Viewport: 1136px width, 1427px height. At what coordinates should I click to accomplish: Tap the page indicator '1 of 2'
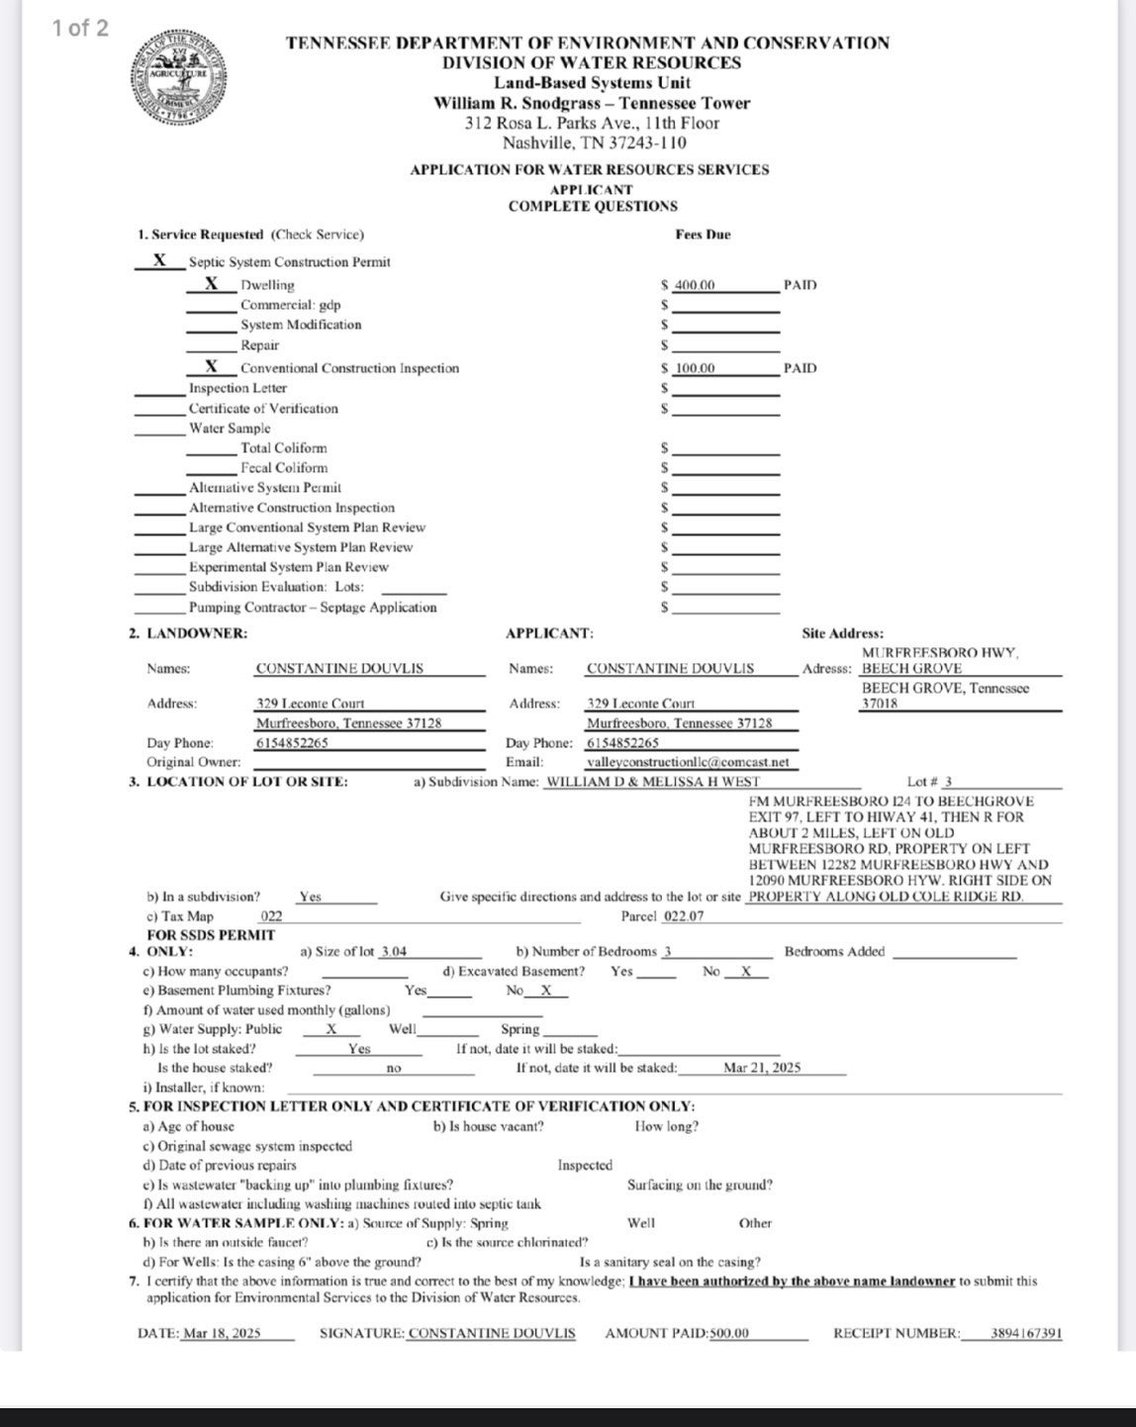(x=81, y=28)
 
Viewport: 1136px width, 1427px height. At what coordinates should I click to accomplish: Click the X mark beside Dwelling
(x=212, y=284)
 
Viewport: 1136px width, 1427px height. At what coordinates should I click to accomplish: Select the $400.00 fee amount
(x=694, y=285)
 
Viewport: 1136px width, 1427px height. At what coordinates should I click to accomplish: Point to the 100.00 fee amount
(x=695, y=368)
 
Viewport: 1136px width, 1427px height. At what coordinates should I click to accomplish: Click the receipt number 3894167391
(x=1026, y=1333)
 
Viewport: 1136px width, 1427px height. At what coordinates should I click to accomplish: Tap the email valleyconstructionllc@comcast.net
(x=688, y=762)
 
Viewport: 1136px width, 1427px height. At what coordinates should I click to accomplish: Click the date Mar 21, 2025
(x=762, y=1068)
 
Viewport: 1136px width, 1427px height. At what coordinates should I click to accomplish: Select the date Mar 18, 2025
(x=222, y=1333)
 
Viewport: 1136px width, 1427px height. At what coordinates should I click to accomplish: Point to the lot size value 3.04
(x=394, y=951)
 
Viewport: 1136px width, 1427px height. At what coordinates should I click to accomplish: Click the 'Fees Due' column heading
(x=703, y=235)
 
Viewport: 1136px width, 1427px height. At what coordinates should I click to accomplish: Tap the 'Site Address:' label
(x=842, y=633)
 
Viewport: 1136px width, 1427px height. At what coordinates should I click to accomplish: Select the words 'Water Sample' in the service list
(x=230, y=428)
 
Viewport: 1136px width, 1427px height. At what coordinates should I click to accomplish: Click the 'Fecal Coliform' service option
(x=284, y=468)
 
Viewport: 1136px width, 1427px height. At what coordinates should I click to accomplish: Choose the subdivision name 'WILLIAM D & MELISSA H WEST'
(x=653, y=782)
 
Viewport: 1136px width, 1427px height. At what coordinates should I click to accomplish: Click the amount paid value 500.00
(x=729, y=1333)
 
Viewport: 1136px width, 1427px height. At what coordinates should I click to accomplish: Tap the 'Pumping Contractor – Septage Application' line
(x=313, y=608)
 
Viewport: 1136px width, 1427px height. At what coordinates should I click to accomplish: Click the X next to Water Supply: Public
(x=331, y=1029)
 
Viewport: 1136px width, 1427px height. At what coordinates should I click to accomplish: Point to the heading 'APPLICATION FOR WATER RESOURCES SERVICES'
(x=589, y=169)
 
